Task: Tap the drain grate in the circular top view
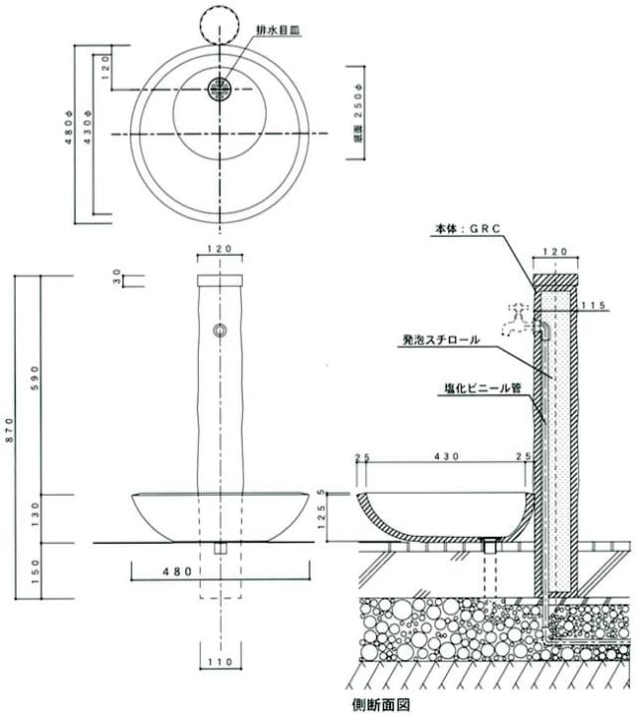(220, 89)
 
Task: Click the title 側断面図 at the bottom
(381, 704)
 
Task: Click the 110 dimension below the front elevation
(220, 661)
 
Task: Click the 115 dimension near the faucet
(595, 305)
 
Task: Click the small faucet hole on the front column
(220, 330)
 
